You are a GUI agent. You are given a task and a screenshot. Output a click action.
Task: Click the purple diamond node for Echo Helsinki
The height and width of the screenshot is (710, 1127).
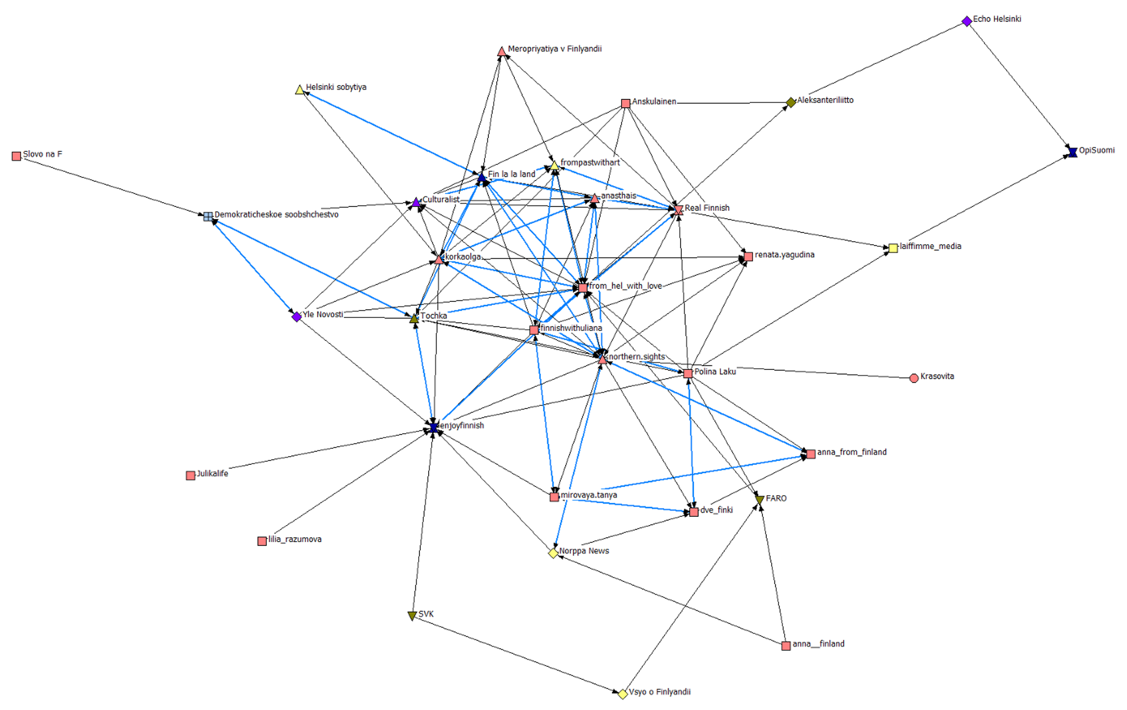(x=967, y=22)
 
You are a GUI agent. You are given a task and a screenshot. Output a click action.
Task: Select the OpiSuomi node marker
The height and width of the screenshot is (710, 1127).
(x=1072, y=152)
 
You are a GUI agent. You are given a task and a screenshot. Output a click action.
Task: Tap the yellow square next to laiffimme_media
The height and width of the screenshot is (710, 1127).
(x=893, y=248)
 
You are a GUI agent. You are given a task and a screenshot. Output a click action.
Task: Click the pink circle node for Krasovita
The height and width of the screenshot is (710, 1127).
(x=914, y=378)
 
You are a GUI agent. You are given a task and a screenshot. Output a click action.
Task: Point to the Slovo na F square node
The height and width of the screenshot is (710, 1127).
(x=17, y=156)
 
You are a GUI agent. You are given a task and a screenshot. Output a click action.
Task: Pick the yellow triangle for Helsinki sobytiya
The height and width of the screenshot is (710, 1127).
(x=299, y=90)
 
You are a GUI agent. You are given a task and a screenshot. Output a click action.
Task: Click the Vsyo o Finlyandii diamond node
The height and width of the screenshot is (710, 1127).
(x=623, y=694)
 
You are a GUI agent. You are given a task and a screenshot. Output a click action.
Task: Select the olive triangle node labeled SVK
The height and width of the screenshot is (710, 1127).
(x=412, y=616)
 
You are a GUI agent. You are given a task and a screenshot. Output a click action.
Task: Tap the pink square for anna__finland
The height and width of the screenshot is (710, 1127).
(x=786, y=646)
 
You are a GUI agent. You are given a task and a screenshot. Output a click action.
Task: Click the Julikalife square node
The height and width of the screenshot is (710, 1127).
(x=191, y=475)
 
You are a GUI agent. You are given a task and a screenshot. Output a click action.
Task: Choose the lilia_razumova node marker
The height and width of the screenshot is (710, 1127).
(x=262, y=541)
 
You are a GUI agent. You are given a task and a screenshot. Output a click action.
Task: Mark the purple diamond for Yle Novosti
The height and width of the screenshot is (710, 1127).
(x=297, y=317)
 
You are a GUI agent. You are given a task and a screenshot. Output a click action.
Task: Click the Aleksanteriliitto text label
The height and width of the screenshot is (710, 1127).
(x=825, y=100)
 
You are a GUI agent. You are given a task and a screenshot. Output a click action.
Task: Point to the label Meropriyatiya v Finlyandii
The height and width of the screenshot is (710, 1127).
(x=554, y=49)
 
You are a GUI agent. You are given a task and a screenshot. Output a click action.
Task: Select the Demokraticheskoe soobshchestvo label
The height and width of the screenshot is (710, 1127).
(x=276, y=215)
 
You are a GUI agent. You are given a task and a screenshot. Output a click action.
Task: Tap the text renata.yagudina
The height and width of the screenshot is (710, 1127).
(x=784, y=255)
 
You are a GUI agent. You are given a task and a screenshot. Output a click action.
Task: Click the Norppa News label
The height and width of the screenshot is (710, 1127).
(x=584, y=551)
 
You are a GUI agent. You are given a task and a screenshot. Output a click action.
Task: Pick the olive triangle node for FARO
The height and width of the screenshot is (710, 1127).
(x=760, y=500)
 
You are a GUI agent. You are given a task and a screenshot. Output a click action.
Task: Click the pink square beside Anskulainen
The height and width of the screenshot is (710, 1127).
(x=625, y=104)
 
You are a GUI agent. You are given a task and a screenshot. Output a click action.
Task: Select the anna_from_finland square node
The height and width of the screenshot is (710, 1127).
(x=810, y=454)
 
